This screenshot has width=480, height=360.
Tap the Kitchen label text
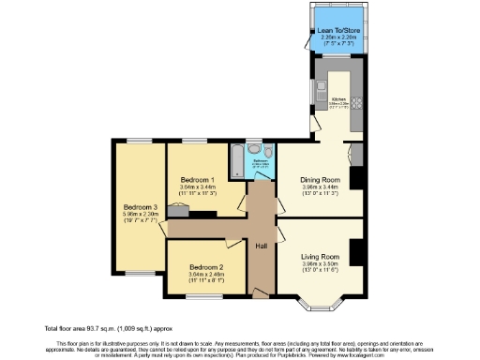[338, 98]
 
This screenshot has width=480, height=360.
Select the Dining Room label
[320, 179]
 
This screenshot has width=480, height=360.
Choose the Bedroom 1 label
[198, 179]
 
